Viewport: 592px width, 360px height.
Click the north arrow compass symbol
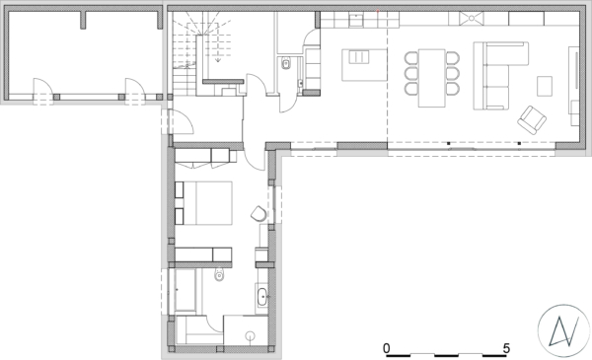coord(563,330)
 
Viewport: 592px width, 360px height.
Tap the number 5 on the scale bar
coord(506,348)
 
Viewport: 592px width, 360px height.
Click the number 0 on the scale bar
coord(386,348)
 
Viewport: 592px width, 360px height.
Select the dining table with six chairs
coord(432,78)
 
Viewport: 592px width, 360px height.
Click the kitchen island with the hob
coord(364,65)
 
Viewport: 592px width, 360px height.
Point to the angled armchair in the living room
coord(532,120)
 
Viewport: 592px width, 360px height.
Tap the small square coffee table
coord(545,86)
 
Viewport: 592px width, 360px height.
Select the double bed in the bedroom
coord(204,203)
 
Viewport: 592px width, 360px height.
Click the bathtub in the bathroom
coord(185,291)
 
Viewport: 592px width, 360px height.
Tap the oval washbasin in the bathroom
coord(262,296)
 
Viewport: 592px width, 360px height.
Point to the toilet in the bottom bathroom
coord(219,274)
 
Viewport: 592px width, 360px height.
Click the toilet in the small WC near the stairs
coord(286,63)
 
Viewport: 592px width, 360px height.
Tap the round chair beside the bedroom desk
coord(259,213)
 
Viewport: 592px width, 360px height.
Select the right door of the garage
coord(135,88)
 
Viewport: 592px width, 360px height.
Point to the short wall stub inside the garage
coord(83,20)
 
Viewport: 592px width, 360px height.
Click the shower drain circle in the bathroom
coord(250,335)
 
